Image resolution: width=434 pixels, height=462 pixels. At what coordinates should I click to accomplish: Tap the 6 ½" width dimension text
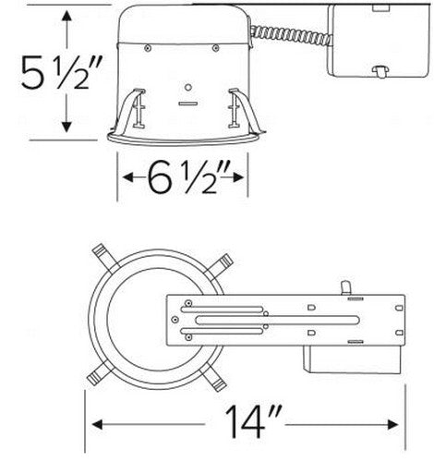coord(183,176)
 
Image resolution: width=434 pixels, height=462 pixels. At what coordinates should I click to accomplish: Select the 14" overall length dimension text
coord(249,425)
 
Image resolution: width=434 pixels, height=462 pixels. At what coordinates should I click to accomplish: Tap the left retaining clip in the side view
coord(136,108)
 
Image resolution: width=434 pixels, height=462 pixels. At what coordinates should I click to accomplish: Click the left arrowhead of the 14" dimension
coord(95,425)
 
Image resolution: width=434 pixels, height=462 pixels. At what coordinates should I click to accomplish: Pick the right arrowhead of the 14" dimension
coord(404,425)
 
